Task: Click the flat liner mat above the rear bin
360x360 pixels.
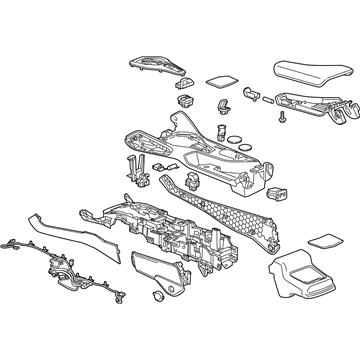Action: click(x=322, y=240)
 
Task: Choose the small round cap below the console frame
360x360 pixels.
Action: click(x=158, y=298)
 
